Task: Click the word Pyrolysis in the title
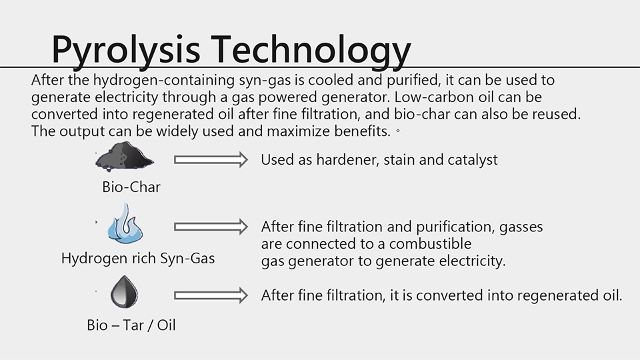click(x=126, y=50)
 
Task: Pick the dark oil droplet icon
click(x=125, y=291)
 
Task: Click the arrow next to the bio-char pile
click(x=211, y=159)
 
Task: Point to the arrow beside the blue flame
click(x=211, y=227)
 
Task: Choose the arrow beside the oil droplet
click(x=211, y=295)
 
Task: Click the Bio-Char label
click(x=131, y=187)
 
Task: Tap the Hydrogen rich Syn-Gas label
click(x=138, y=258)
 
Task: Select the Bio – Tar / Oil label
click(x=131, y=325)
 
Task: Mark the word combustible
click(x=430, y=244)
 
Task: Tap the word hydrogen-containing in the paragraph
click(x=164, y=80)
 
